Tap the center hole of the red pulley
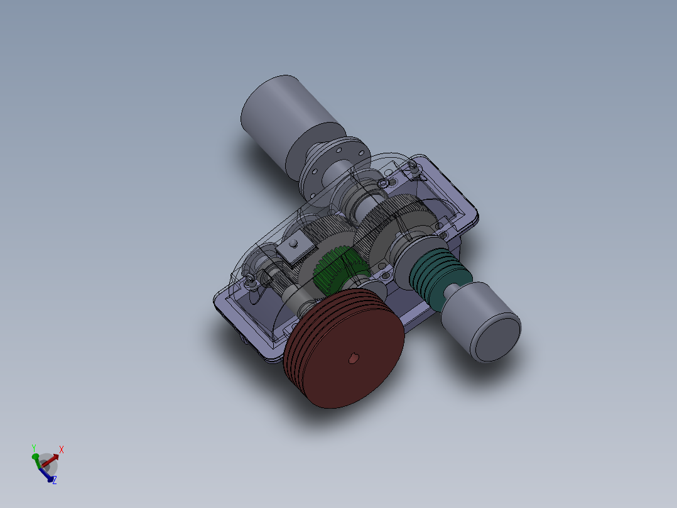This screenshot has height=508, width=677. (x=353, y=358)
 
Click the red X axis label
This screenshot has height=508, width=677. (x=62, y=450)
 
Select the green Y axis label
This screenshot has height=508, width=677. (x=33, y=448)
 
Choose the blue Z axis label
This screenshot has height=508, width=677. (x=55, y=480)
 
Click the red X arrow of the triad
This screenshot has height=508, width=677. (x=52, y=458)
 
